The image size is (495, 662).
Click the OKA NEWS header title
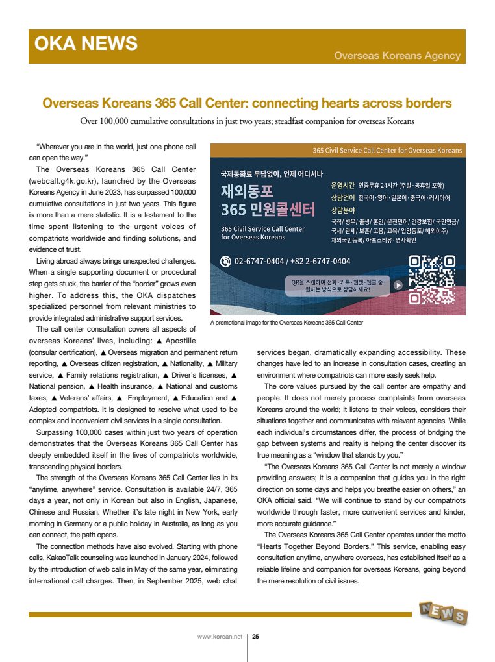coord(86,43)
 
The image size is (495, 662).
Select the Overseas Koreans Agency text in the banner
coord(397,56)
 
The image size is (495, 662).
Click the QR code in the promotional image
coord(431,280)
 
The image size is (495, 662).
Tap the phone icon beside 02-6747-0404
coord(225,262)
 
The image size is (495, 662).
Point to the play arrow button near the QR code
coord(398,285)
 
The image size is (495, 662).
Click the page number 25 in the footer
coord(255,637)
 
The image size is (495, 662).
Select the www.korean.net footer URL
coord(220,637)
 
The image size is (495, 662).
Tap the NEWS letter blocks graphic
coord(443,612)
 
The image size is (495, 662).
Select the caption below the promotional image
coord(286,322)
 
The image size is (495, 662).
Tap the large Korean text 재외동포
coord(247,191)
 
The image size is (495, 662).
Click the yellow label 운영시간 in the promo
coord(342,185)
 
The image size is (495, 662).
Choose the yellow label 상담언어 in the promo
coord(342,197)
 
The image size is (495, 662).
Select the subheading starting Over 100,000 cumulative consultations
coord(247,121)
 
